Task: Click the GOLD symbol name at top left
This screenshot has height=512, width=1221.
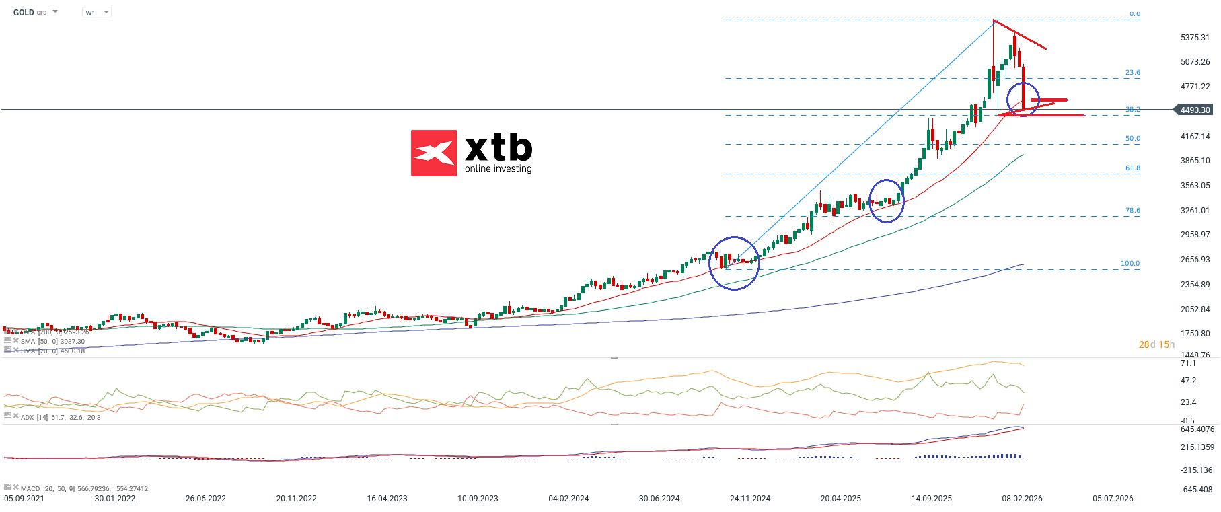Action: tap(24, 13)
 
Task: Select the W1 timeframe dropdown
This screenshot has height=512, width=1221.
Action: tap(96, 13)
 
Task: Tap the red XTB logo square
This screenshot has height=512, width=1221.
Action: tap(434, 153)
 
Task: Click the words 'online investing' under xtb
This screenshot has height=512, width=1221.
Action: tap(498, 169)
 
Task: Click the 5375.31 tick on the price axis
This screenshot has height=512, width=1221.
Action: tap(1195, 38)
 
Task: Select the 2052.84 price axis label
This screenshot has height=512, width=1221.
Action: tap(1195, 309)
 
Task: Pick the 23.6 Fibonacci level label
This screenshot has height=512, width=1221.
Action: tap(1133, 73)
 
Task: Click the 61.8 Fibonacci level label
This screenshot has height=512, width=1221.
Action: tap(1133, 168)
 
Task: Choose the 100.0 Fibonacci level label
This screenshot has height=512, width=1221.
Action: tap(1130, 264)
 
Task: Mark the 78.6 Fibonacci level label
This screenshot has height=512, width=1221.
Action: tap(1133, 211)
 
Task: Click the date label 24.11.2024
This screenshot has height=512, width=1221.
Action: tap(750, 499)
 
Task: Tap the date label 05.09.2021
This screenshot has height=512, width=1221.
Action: tap(24, 499)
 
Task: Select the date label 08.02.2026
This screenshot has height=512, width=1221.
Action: tap(1022, 499)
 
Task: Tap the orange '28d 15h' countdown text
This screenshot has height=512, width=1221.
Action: tap(1156, 344)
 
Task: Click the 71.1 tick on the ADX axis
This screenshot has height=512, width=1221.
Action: tap(1188, 363)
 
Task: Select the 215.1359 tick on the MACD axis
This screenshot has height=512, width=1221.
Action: tap(1197, 447)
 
